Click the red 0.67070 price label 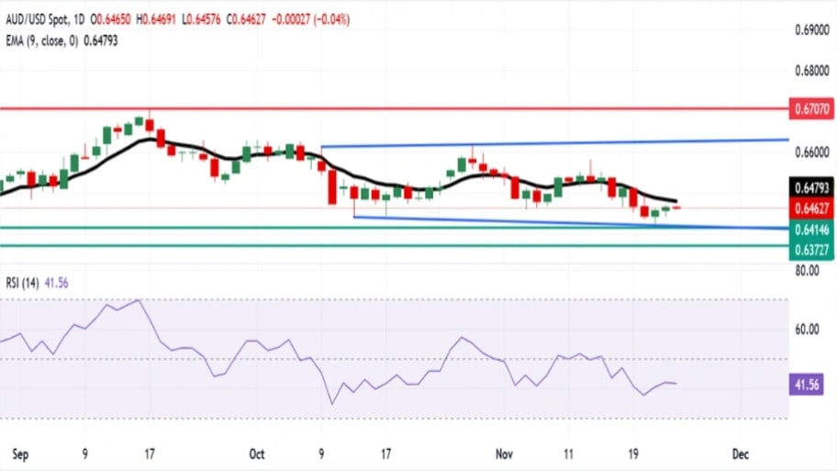(x=811, y=109)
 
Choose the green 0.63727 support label (x=811, y=251)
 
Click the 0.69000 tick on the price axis (x=811, y=30)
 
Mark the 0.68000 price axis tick (x=811, y=71)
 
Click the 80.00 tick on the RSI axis (x=808, y=270)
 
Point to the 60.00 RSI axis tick (x=808, y=330)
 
